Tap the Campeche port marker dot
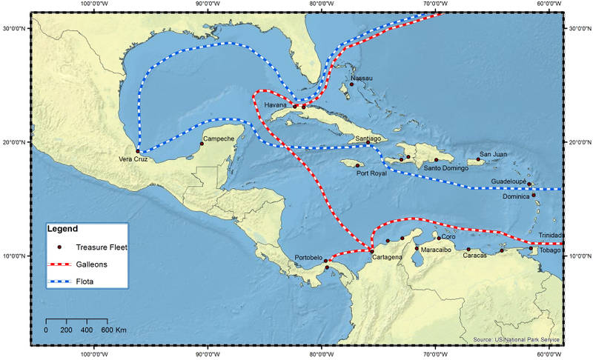(x=202, y=144)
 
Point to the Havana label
(x=275, y=106)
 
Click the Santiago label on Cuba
(x=368, y=139)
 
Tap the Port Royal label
(x=371, y=173)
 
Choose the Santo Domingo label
(x=445, y=168)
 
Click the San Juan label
(x=493, y=154)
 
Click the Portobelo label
(x=309, y=258)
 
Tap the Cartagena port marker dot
(x=371, y=252)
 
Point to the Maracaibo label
(x=436, y=250)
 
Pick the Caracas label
(x=474, y=256)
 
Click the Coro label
(x=448, y=237)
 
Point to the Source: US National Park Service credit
(x=516, y=339)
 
